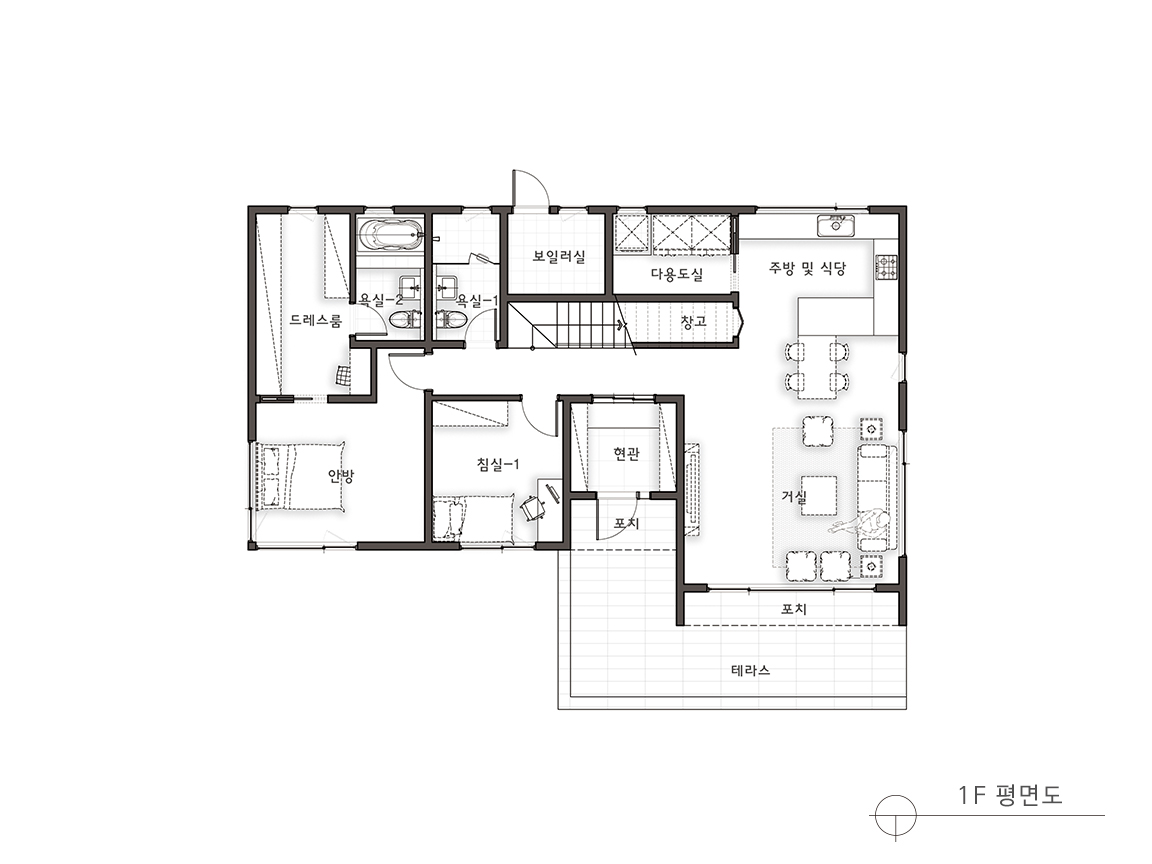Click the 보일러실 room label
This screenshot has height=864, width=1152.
point(559,257)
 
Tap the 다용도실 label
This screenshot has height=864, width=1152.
point(677,274)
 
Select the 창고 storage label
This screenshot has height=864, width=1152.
point(694,322)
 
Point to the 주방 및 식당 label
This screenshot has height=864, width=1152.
point(807,268)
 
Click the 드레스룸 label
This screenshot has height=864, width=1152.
point(316,320)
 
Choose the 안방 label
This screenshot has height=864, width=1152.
point(341,476)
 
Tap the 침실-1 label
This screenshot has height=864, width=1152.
point(499,464)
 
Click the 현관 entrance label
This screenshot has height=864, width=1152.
point(626,454)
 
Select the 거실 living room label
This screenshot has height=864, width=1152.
point(793,497)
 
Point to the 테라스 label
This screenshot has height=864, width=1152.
point(751,670)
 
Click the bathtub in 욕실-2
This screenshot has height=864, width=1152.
point(391,235)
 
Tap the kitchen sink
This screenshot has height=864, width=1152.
point(836,226)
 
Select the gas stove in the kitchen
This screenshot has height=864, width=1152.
point(886,267)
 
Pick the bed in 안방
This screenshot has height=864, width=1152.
point(300,476)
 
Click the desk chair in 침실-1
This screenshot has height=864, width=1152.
point(533,508)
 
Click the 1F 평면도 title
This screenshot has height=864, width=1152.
point(1010,794)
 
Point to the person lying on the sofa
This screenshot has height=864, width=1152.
point(861,523)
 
